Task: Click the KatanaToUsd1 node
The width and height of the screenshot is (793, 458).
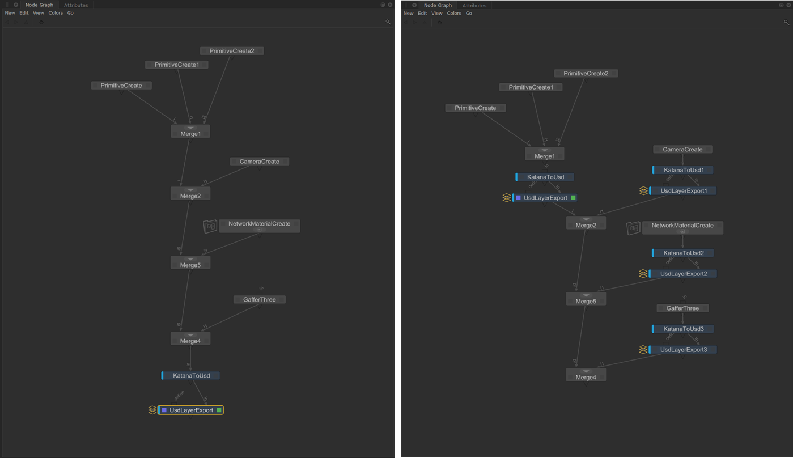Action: pos(683,170)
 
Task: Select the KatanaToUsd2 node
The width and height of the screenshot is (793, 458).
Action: pos(683,253)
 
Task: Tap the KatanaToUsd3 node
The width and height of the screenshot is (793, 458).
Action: pos(683,329)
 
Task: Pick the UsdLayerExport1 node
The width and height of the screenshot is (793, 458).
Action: pos(684,191)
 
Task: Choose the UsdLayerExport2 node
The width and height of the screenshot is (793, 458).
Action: pos(684,274)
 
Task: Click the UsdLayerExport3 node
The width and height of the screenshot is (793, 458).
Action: pos(684,350)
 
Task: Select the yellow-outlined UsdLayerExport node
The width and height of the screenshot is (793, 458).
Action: pos(191,410)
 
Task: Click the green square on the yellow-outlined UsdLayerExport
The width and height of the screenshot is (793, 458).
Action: pos(219,410)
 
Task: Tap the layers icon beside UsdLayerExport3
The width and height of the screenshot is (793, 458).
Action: pos(643,350)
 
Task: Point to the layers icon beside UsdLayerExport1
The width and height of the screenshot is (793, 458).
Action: pos(643,191)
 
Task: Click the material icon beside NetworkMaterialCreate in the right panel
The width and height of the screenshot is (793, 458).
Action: pos(633,228)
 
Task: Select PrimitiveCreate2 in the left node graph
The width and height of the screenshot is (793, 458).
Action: pos(231,51)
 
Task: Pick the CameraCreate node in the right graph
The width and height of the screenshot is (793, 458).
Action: pos(682,150)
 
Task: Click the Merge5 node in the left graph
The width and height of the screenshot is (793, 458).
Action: pos(190,264)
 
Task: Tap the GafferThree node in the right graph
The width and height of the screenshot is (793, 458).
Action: pos(682,308)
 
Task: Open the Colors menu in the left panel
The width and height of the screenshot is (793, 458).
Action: pos(56,13)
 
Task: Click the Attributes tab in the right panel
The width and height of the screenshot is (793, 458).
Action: pos(474,5)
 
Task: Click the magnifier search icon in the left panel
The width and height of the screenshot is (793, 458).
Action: pos(388,22)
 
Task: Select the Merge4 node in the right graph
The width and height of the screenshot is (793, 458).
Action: pos(586,376)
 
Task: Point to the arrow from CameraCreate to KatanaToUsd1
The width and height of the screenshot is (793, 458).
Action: pos(682,160)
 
